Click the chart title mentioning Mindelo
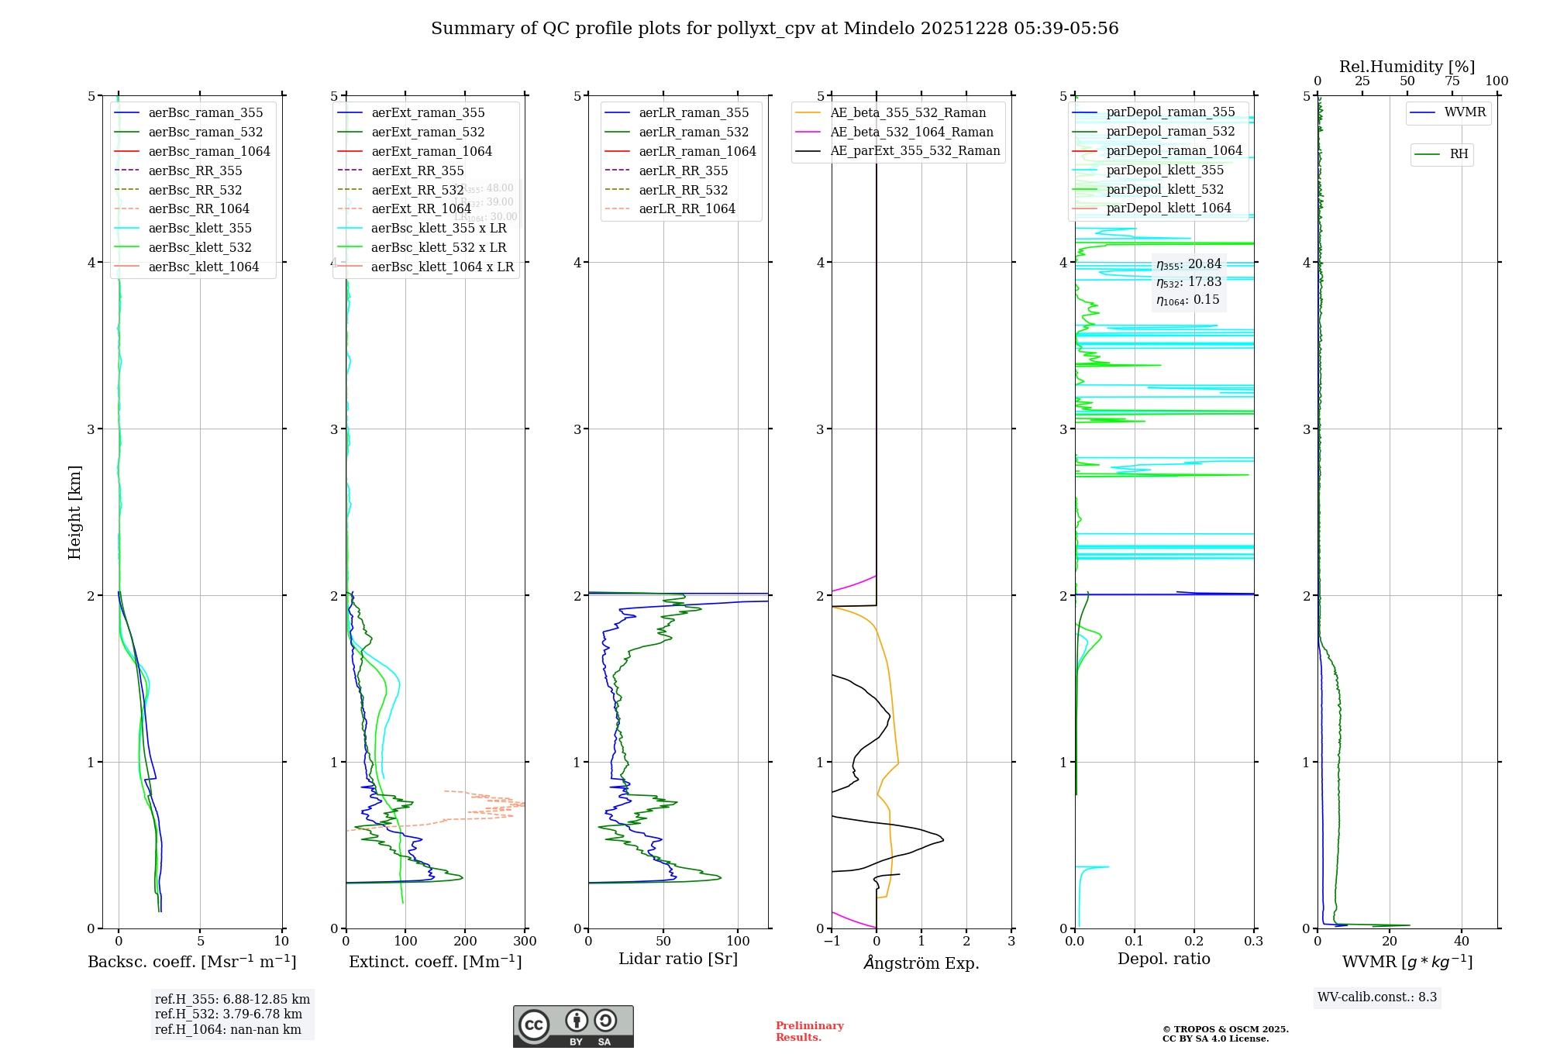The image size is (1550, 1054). coord(774,29)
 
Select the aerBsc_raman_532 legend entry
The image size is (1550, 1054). coord(205,133)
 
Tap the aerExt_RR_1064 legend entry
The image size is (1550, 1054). coord(421,209)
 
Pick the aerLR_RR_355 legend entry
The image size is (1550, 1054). coord(683,171)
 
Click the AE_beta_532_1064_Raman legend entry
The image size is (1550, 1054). coord(911,133)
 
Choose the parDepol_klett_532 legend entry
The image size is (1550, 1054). coord(1165,190)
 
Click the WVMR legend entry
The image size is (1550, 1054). coord(1465,112)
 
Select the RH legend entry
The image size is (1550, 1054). coord(1459,154)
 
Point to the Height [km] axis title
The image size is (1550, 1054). coord(74,512)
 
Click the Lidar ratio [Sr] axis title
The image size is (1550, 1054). coord(678,959)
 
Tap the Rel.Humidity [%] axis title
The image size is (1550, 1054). coord(1407,67)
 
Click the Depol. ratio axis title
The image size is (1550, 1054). coord(1163,959)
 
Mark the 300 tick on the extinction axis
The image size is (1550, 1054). coord(525,942)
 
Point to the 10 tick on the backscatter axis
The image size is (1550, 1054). coord(281,942)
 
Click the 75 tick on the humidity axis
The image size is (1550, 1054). coord(1452,81)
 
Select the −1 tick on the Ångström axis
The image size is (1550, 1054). coord(832,942)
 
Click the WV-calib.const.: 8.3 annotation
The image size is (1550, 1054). coord(1377,997)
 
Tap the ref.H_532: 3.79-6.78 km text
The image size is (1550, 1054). coord(229,1014)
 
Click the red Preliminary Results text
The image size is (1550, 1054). coord(809,1032)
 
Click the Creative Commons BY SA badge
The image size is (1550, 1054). coord(573,1027)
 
